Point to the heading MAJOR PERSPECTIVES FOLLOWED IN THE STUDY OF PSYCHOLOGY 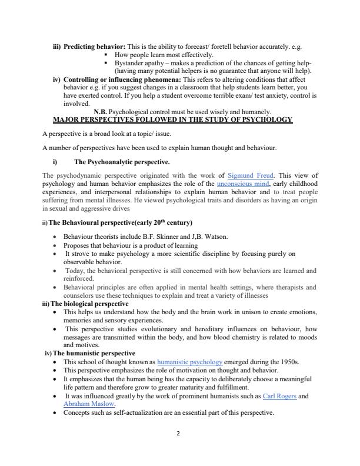tap(172, 119)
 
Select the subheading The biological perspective tap(89, 303)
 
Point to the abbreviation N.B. tap(101, 111)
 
